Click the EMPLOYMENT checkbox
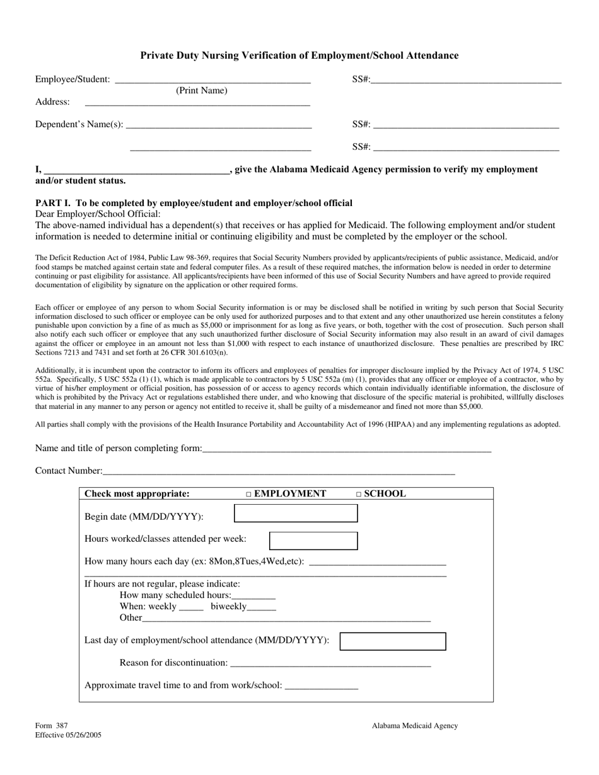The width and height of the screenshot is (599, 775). click(x=248, y=495)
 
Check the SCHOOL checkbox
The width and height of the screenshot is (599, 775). click(x=359, y=495)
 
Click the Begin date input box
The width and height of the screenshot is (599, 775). click(x=296, y=514)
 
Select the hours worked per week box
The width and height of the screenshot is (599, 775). click(x=313, y=541)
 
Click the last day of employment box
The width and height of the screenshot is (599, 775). click(x=393, y=641)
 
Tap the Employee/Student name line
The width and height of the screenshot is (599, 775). click(x=213, y=81)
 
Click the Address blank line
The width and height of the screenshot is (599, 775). click(x=197, y=103)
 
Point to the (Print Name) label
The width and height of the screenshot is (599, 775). click(x=201, y=91)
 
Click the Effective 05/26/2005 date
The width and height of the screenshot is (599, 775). click(x=68, y=735)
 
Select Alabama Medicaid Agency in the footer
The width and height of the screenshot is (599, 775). click(x=414, y=726)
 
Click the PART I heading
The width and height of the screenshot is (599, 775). click(x=194, y=203)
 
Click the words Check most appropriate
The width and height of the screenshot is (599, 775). click(x=137, y=494)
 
